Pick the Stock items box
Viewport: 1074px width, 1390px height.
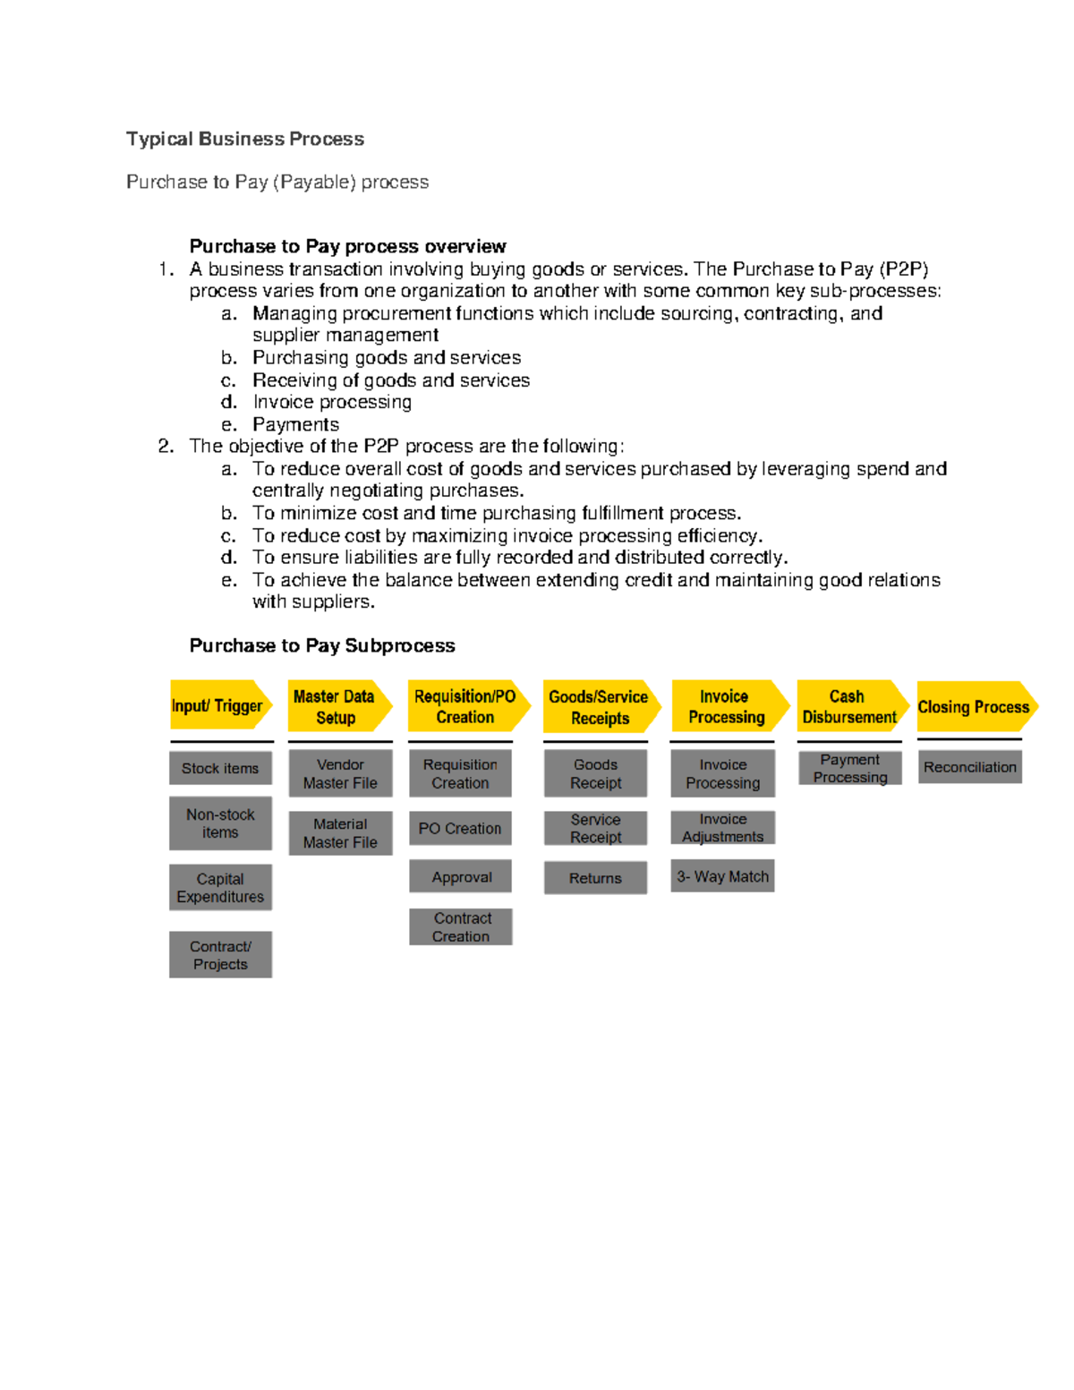(220, 768)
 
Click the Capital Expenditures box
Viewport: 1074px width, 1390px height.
(220, 887)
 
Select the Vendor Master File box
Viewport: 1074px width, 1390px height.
(340, 773)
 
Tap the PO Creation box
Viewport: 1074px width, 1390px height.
(460, 828)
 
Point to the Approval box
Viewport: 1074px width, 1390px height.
(460, 876)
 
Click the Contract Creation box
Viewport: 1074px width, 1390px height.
(460, 926)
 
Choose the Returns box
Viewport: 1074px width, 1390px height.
(595, 877)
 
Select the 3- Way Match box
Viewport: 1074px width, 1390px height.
(722, 876)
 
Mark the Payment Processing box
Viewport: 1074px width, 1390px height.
(850, 768)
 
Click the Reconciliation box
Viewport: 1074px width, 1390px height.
(969, 767)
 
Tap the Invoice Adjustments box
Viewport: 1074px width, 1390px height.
(722, 827)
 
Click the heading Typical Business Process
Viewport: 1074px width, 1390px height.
(245, 139)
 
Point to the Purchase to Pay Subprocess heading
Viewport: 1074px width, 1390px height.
(322, 645)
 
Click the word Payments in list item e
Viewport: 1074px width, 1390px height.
(295, 424)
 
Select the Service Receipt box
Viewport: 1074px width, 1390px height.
(595, 828)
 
